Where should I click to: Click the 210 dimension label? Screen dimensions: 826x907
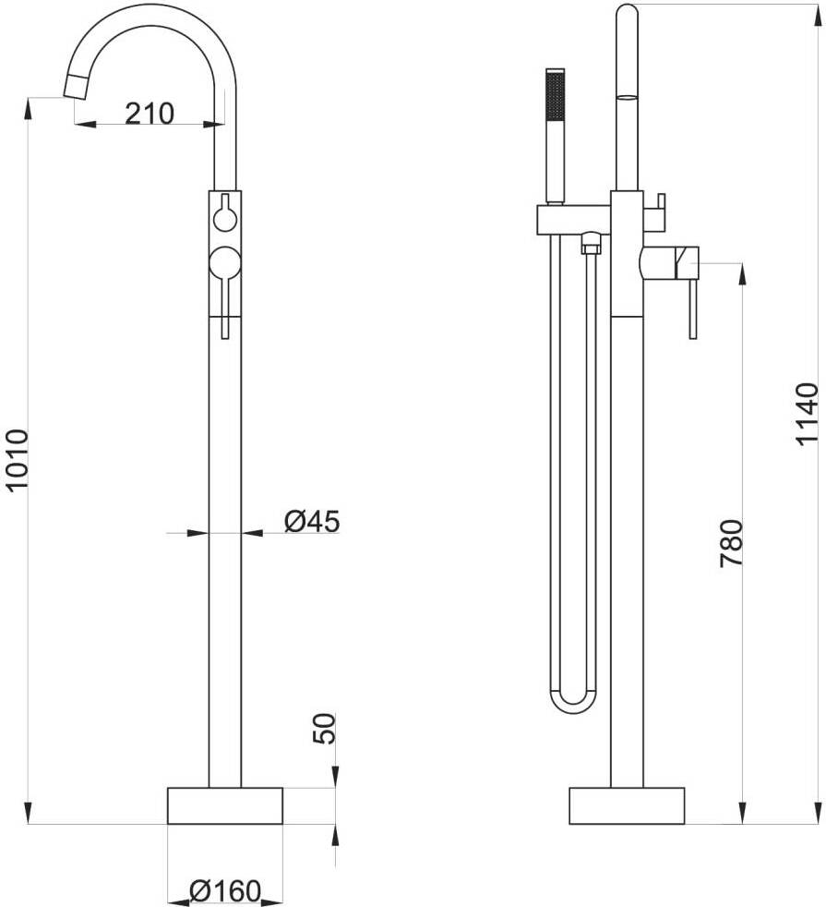(150, 114)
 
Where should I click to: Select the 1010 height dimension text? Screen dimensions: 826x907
(17, 459)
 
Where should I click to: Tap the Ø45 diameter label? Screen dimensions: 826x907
(312, 521)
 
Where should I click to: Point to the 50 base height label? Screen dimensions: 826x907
(324, 728)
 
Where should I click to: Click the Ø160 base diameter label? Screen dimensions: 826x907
(225, 891)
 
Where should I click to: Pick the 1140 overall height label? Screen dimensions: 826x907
(807, 414)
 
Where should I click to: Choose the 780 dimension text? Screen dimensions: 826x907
(731, 543)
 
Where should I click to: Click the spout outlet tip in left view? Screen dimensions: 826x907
(77, 87)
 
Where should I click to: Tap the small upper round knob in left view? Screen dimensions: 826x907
(225, 219)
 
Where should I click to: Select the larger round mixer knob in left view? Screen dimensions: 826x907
(225, 261)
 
